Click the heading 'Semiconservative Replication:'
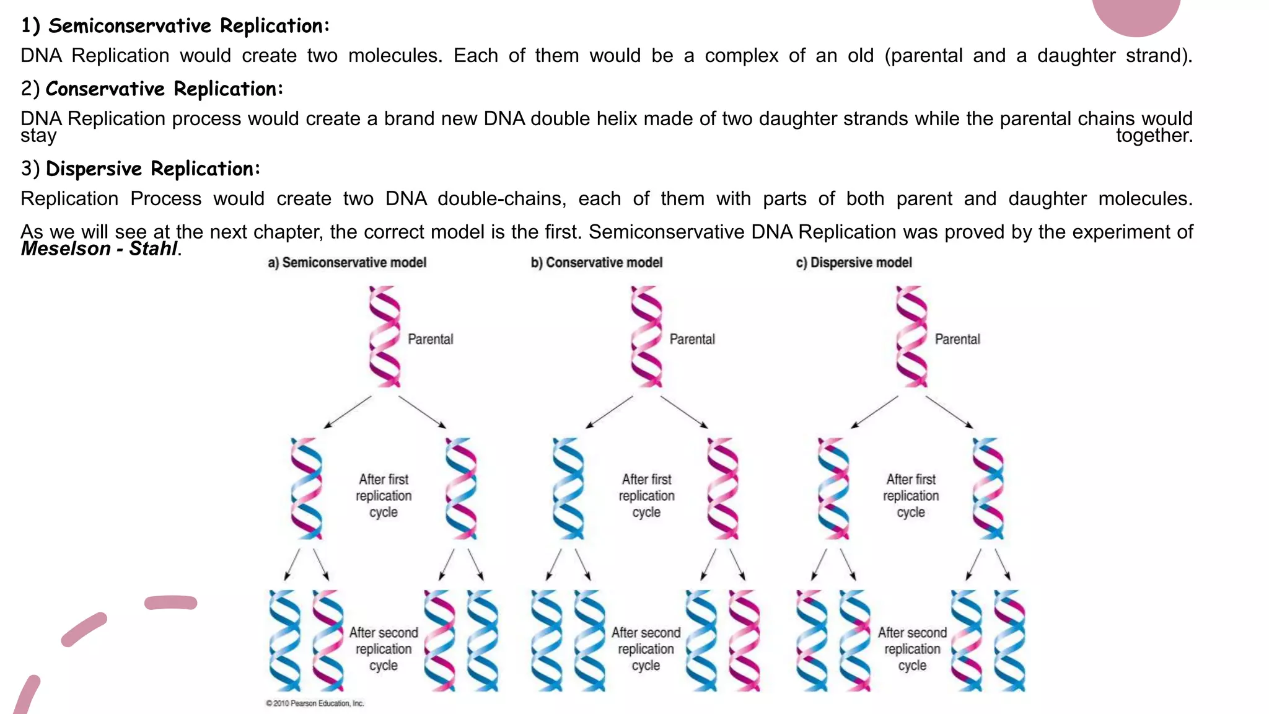coord(189,26)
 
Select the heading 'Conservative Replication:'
coord(164,89)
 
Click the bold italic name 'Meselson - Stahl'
coord(99,249)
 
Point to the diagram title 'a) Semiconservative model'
coord(347,263)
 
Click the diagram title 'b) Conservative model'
coord(597,263)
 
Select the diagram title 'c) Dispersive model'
coord(854,263)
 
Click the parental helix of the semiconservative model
coord(384,337)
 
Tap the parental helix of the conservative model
coord(646,337)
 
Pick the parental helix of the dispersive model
coord(911,337)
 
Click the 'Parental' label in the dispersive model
coord(957,340)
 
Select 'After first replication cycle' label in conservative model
coord(646,496)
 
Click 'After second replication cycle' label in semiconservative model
coord(384,649)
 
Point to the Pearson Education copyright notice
coord(315,703)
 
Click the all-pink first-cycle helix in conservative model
coord(722,488)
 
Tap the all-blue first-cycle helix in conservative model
coord(568,488)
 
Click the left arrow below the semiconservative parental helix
coord(347,412)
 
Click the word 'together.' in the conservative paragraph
coord(1154,135)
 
